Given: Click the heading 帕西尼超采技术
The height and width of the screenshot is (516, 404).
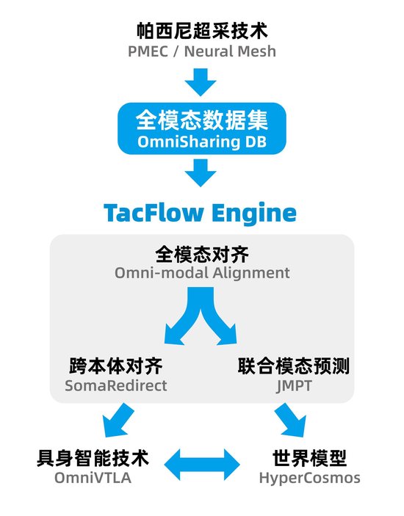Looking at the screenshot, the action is coord(202,31).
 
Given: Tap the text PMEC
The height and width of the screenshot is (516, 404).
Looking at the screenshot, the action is coord(148,51).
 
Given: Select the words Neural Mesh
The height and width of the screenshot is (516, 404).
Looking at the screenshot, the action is coord(230,51).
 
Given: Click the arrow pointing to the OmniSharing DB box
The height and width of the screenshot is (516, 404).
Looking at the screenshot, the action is coord(201,82).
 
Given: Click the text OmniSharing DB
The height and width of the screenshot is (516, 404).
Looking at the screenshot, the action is coord(202,142).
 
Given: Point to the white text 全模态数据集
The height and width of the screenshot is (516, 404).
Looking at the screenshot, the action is coord(202,120).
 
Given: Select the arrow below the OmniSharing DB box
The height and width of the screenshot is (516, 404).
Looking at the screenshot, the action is coord(201,172).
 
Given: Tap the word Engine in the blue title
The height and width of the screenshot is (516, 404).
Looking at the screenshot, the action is coord(254,214).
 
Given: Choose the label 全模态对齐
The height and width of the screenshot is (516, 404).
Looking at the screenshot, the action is coord(202,255).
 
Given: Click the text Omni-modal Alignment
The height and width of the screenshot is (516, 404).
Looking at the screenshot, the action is coord(202,273).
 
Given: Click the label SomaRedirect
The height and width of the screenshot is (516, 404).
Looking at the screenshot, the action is coord(116,385).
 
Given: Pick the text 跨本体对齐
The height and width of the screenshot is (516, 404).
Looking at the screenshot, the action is coord(116,366).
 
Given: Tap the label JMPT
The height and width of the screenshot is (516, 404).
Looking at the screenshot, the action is coord(294,386).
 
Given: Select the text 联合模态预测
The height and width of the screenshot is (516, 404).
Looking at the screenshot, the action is coord(294,366).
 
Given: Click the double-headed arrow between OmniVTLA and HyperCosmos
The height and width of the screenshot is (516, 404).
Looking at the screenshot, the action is coord(202,465).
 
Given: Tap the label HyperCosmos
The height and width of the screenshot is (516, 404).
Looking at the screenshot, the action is coord(309,478).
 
